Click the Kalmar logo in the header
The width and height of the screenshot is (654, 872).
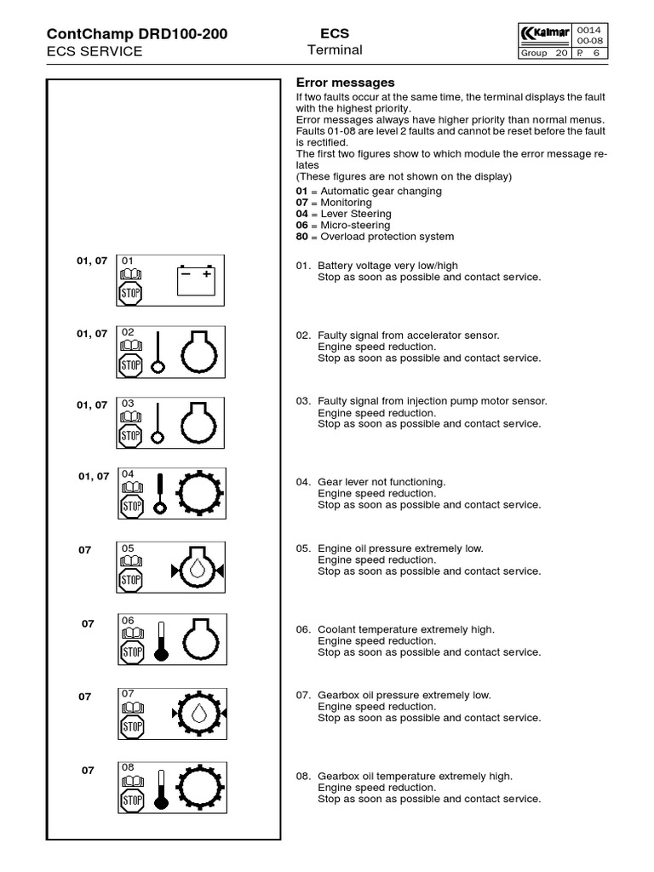tap(545, 33)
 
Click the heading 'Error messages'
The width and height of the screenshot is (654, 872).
tap(345, 83)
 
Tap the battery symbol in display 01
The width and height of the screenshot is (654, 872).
tap(197, 280)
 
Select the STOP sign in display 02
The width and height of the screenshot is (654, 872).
tap(130, 365)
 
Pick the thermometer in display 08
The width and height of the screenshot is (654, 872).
tap(162, 788)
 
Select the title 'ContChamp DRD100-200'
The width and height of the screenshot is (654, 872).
tap(136, 34)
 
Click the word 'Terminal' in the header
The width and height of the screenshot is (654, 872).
tap(335, 50)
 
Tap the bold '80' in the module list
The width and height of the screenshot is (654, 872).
tap(301, 237)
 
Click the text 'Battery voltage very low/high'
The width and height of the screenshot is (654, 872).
tap(387, 266)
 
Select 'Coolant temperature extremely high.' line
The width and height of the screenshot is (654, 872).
tap(405, 629)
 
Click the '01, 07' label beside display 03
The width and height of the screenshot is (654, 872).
tap(92, 405)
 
